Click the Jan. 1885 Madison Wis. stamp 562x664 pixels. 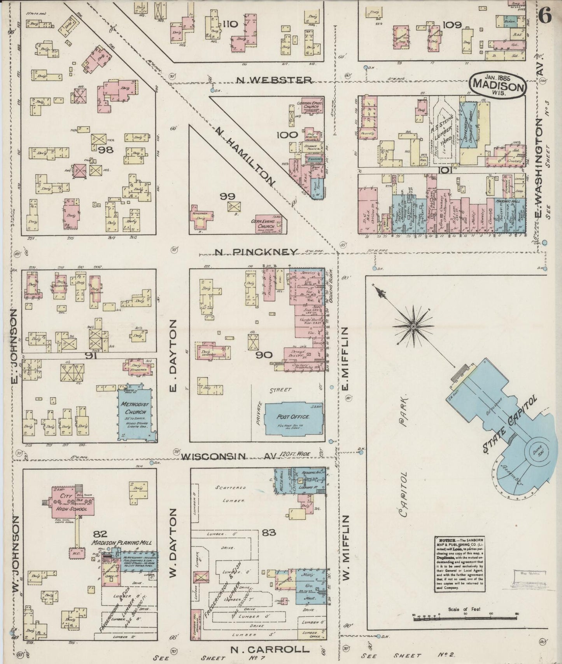coord(498,85)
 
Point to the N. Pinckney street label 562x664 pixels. coord(257,252)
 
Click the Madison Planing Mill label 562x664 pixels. coord(121,542)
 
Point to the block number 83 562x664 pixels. coord(268,532)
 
